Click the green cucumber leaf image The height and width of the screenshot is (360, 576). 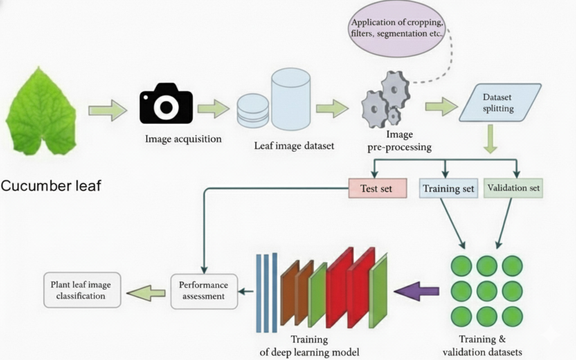[41, 113]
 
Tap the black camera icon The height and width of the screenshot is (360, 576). [166, 104]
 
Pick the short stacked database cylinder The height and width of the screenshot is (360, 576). [253, 111]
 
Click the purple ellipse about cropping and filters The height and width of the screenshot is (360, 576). [397, 28]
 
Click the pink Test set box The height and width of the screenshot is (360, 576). [378, 189]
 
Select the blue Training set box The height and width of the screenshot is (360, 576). [448, 189]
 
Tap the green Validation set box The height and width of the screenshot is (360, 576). [513, 188]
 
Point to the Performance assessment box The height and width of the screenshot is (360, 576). [204, 291]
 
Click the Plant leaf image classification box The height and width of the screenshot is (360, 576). [82, 290]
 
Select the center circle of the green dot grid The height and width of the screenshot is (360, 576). [486, 291]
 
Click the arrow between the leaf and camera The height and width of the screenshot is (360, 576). [108, 109]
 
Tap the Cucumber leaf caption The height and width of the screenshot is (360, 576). [50, 185]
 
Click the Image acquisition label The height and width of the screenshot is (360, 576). [183, 139]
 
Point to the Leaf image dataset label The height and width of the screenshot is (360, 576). [294, 146]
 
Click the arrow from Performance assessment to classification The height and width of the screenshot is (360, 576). [145, 293]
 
